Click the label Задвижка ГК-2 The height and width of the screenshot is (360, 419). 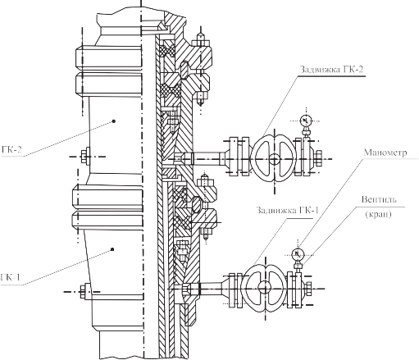point(332,69)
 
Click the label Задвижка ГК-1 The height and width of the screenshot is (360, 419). point(287,210)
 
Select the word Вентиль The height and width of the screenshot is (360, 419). point(379,199)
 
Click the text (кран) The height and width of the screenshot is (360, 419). point(379,214)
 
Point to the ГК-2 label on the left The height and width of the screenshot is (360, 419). point(11,149)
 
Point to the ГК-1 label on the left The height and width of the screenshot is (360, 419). point(11,277)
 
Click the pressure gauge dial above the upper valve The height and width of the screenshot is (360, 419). point(306,121)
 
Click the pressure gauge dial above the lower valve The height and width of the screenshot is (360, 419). point(298,255)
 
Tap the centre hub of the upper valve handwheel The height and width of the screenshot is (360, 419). point(274,159)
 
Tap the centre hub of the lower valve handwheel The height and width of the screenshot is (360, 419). point(265,287)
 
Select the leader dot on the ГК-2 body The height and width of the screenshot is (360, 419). point(114,121)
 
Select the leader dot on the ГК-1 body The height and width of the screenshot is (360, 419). point(112,249)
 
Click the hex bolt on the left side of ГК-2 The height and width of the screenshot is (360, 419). point(85,157)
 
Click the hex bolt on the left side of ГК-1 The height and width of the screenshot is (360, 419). point(84,291)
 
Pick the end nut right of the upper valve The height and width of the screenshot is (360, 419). point(317,158)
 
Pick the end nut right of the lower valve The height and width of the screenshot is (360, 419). point(307,288)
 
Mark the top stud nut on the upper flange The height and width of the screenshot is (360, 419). point(201,43)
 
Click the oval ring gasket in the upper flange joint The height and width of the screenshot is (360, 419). point(184,69)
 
